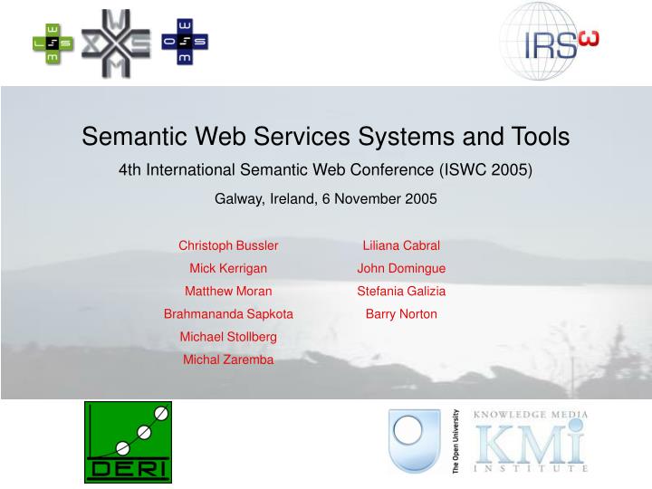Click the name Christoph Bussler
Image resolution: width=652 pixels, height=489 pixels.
pyautogui.click(x=228, y=245)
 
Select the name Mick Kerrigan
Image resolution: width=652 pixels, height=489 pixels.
pyautogui.click(x=228, y=268)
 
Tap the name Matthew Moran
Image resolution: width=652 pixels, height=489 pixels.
pyautogui.click(x=228, y=291)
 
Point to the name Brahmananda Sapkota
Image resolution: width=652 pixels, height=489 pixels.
pyautogui.click(x=228, y=314)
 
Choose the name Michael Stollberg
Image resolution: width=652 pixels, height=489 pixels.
pyautogui.click(x=228, y=337)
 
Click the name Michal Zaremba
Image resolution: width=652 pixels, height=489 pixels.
pyautogui.click(x=228, y=360)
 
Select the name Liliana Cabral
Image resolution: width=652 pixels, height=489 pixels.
pyautogui.click(x=401, y=245)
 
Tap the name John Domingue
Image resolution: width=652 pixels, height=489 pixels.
pyautogui.click(x=401, y=268)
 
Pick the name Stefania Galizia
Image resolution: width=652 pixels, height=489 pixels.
pyautogui.click(x=401, y=291)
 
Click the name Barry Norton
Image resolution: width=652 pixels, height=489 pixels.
pyautogui.click(x=401, y=314)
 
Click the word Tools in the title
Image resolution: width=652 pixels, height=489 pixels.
pyautogui.click(x=537, y=137)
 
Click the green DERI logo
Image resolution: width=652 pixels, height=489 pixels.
pyautogui.click(x=128, y=442)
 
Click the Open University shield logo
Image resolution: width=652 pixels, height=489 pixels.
pyautogui.click(x=415, y=441)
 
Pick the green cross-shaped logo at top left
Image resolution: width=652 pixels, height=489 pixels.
pyautogui.click(x=53, y=42)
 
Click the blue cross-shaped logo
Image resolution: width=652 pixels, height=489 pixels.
pyautogui.click(x=185, y=42)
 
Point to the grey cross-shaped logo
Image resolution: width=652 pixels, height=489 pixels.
pyautogui.click(x=116, y=42)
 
